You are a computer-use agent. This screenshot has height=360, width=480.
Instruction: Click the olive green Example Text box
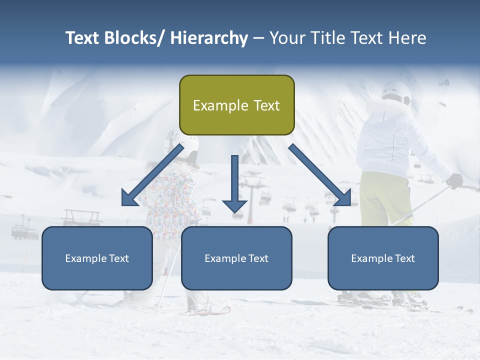point(236,105)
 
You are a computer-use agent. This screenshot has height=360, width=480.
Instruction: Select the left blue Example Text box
point(97,258)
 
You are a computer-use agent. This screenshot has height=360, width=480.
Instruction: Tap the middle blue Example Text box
point(236,258)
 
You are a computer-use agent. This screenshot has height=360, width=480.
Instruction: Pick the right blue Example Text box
point(383,258)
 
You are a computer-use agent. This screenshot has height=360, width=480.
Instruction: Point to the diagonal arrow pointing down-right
point(320,175)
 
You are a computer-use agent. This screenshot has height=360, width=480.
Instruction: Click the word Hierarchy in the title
point(209,38)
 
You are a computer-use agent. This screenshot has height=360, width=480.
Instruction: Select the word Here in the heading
point(408,38)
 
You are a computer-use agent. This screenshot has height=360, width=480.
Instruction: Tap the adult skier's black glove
point(454,180)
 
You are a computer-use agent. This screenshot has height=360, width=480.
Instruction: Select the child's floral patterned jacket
point(172,200)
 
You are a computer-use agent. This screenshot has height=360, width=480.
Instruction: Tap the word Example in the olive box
point(213,105)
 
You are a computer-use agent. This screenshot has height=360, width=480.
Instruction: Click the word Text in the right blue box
point(405,258)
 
